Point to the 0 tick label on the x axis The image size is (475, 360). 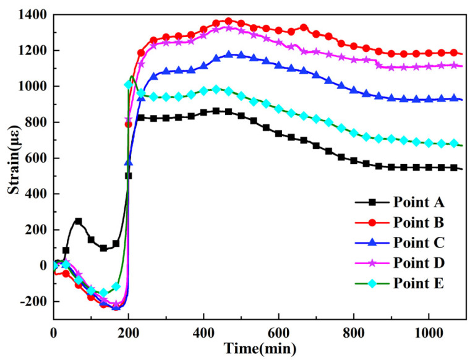[x=53, y=332]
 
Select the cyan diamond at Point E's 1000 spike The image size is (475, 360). [x=129, y=85]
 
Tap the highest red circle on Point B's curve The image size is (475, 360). [x=228, y=22]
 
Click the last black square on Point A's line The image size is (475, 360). [x=455, y=168]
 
